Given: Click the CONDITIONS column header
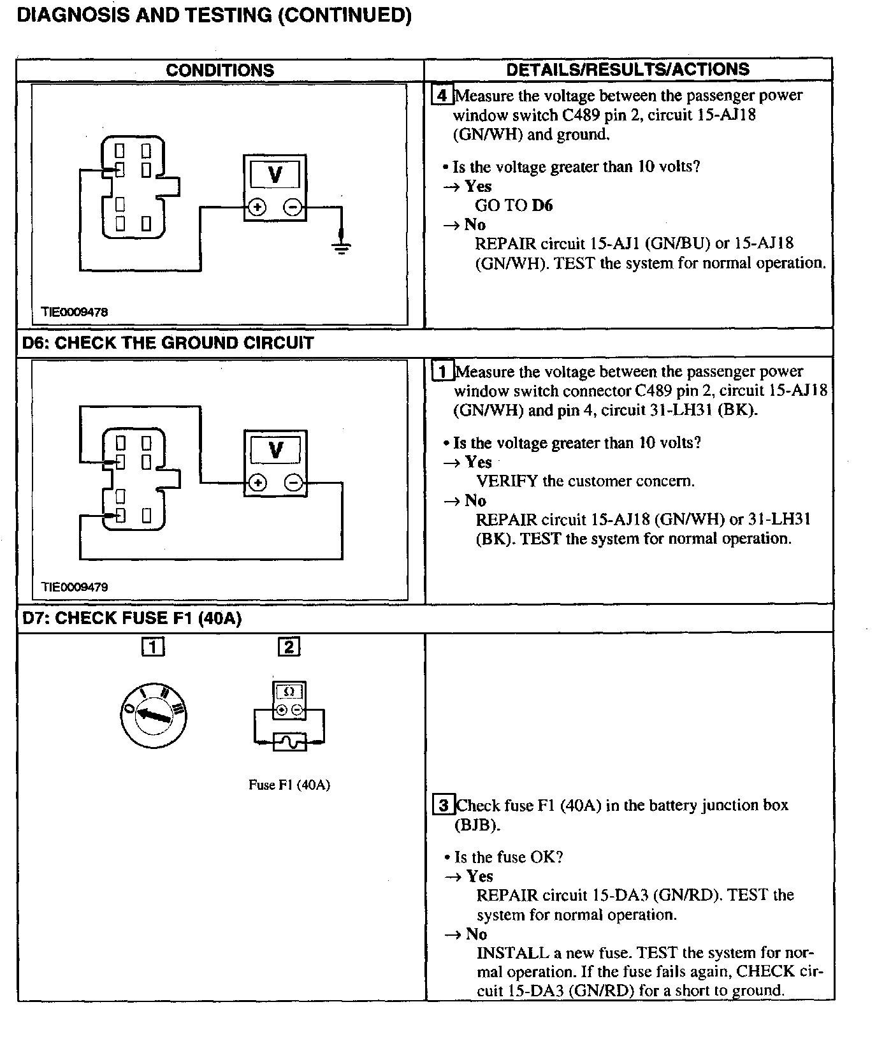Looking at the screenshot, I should pos(220,70).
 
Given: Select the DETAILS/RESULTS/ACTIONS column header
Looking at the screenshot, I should pos(628,69).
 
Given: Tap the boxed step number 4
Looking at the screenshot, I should pos(442,96).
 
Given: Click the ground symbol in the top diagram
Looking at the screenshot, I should pos(342,247).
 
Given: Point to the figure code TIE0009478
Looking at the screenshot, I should pos(75,312).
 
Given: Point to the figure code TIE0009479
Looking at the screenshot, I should pos(75,587).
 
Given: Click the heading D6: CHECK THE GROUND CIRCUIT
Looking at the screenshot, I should pos(168,343).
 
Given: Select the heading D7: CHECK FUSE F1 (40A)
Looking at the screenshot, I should pos(132,618).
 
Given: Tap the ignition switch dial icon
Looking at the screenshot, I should pos(154,715).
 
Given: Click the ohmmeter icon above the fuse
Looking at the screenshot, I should pos(289,700).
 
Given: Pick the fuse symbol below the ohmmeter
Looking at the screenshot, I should pos(289,742).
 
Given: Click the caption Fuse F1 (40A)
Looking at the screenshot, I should pos(289,785).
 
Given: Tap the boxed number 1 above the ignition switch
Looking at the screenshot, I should pos(153,647).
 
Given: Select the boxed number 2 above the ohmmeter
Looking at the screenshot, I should pos(289,647).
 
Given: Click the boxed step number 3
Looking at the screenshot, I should pos(444,805).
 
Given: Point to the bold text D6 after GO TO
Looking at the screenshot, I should pos(542,205).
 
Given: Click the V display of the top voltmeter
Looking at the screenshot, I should pos(275,174).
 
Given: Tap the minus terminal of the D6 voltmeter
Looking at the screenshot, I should pos(293,483).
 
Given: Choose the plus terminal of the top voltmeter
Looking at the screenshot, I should pos(257,207).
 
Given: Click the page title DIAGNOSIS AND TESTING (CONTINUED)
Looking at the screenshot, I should pos(214,15).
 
